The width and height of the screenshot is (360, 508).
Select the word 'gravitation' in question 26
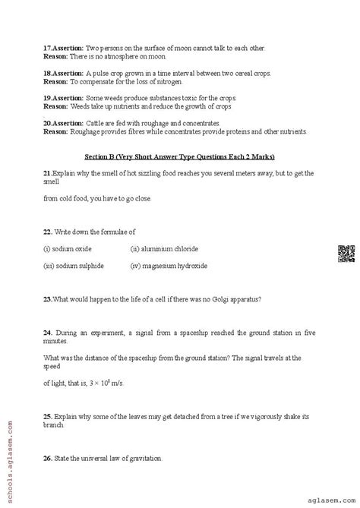click(x=142, y=459)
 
